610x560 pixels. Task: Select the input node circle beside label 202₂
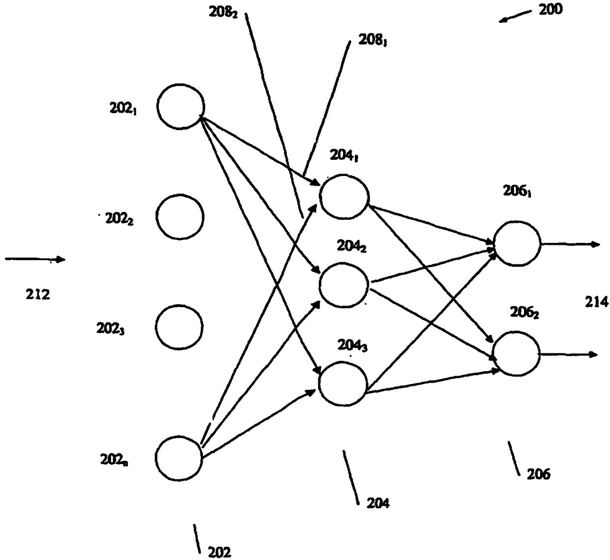pos(180,217)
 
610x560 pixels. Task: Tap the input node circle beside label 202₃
pos(179,326)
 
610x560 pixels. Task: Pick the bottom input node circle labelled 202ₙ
pos(179,458)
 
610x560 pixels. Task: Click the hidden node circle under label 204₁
pos(344,196)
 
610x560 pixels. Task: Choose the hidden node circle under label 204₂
pos(343,285)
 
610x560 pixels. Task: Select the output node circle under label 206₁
pos(517,243)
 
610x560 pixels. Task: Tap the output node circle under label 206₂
pos(516,354)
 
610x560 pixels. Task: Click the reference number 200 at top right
pos(550,9)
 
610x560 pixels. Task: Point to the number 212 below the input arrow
pos(38,295)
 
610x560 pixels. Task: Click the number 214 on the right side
pos(597,301)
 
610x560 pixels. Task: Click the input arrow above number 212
pos(34,259)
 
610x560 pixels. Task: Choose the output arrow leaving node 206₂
pos(568,354)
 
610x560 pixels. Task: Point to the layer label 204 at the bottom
pos(378,502)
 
